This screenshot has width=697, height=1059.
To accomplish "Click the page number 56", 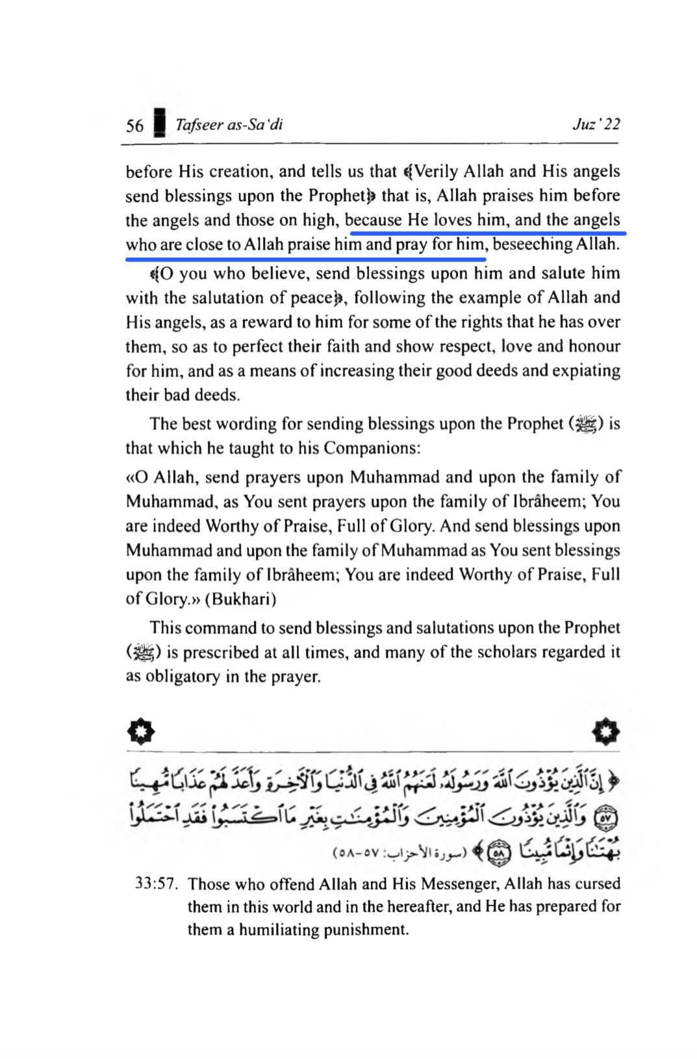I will click(134, 125).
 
